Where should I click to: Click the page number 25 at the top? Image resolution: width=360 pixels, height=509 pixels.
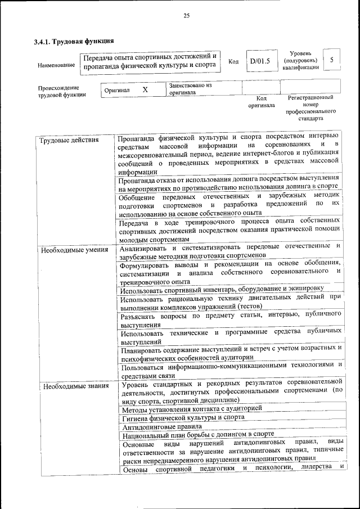click(186, 16)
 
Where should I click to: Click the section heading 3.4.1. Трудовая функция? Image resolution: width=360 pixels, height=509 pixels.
click(74, 41)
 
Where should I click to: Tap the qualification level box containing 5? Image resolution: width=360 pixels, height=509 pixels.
click(332, 60)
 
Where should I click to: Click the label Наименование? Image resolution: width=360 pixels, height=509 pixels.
click(56, 65)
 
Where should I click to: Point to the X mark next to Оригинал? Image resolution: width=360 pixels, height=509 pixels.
click(145, 89)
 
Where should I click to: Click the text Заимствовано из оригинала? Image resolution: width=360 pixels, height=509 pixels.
click(190, 89)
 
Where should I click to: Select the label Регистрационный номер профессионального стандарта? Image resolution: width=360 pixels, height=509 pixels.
click(310, 108)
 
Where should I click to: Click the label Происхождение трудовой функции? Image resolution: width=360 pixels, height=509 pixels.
click(58, 91)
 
